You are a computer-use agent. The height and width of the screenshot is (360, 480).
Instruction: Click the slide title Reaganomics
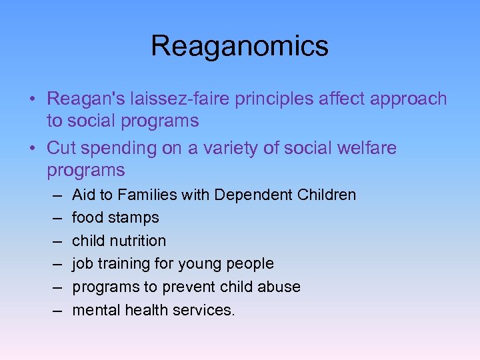click(x=239, y=46)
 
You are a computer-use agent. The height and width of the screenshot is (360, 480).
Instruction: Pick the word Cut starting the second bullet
click(x=61, y=148)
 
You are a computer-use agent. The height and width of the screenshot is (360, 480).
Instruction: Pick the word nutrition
click(x=137, y=241)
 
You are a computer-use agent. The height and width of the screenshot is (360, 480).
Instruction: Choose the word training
click(x=118, y=264)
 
